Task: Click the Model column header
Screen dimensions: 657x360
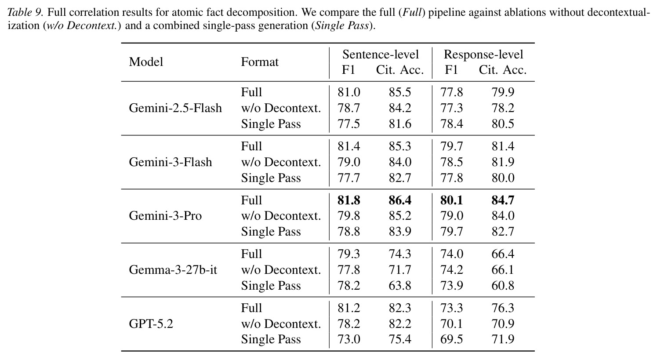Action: point(146,62)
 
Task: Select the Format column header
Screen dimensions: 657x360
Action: point(260,62)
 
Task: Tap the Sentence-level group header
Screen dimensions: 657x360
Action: point(381,55)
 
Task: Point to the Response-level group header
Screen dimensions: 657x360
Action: point(483,55)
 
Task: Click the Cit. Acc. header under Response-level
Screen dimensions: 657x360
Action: point(503,70)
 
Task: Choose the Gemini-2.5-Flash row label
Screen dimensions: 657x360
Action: point(175,108)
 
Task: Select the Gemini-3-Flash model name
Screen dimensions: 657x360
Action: point(171,162)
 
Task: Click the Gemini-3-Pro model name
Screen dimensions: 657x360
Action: point(165,216)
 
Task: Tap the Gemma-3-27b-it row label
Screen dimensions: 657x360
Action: point(173,269)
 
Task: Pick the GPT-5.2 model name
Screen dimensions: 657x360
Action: point(151,324)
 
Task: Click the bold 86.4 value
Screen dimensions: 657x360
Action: point(400,200)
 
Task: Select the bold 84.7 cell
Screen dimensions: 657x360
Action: point(503,200)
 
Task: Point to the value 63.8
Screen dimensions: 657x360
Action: point(400,285)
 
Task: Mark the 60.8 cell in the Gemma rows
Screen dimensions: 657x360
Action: point(503,285)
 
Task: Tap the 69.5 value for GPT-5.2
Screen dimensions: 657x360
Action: point(451,339)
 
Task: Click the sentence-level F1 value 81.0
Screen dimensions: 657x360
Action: point(349,92)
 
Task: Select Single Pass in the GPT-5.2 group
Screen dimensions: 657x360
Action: point(271,339)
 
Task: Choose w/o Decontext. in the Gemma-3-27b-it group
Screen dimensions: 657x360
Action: point(281,269)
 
